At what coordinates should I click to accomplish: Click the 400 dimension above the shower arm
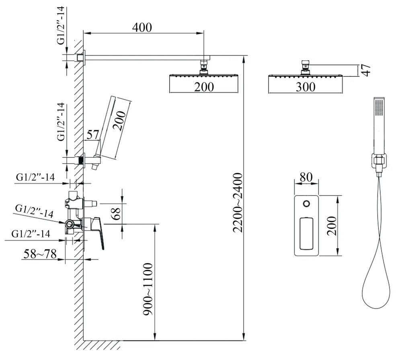click(x=142, y=28)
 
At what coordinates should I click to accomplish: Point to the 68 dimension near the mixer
click(x=117, y=213)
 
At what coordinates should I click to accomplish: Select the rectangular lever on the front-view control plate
click(x=306, y=232)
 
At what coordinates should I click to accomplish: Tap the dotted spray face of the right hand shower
click(x=377, y=107)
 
